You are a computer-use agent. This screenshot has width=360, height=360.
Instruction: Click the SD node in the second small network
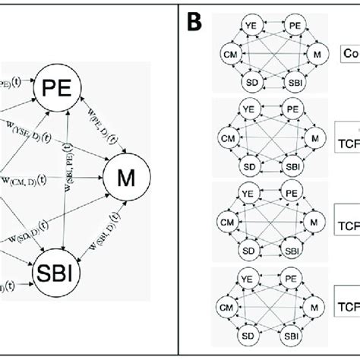(247, 165)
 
